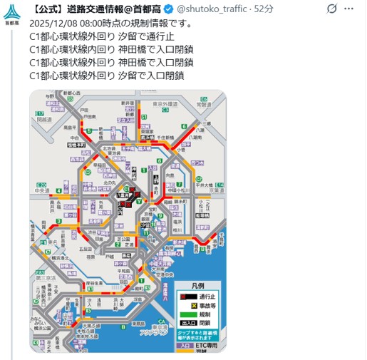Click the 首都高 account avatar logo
pos(11,13)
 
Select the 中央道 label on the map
pos(42,190)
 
